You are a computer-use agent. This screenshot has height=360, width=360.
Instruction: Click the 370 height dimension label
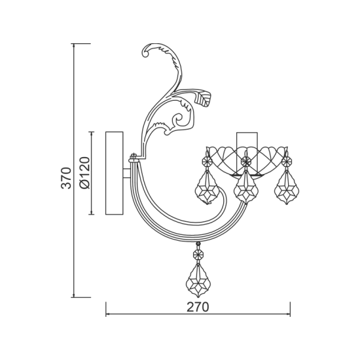tap(66, 178)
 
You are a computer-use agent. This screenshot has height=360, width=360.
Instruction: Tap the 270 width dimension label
tap(198, 307)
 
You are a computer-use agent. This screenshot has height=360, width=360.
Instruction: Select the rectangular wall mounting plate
tap(115, 173)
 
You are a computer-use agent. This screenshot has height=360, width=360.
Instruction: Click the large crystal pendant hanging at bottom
tap(198, 281)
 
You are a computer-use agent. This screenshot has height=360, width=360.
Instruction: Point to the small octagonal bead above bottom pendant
tap(198, 254)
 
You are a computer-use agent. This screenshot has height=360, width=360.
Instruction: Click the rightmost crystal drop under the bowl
tap(287, 187)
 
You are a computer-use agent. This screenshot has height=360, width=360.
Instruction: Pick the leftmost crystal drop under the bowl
tap(207, 187)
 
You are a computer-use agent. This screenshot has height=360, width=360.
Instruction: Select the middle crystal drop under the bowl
tap(246, 187)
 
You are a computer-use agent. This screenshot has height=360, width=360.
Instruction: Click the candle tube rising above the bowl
tap(247, 153)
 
